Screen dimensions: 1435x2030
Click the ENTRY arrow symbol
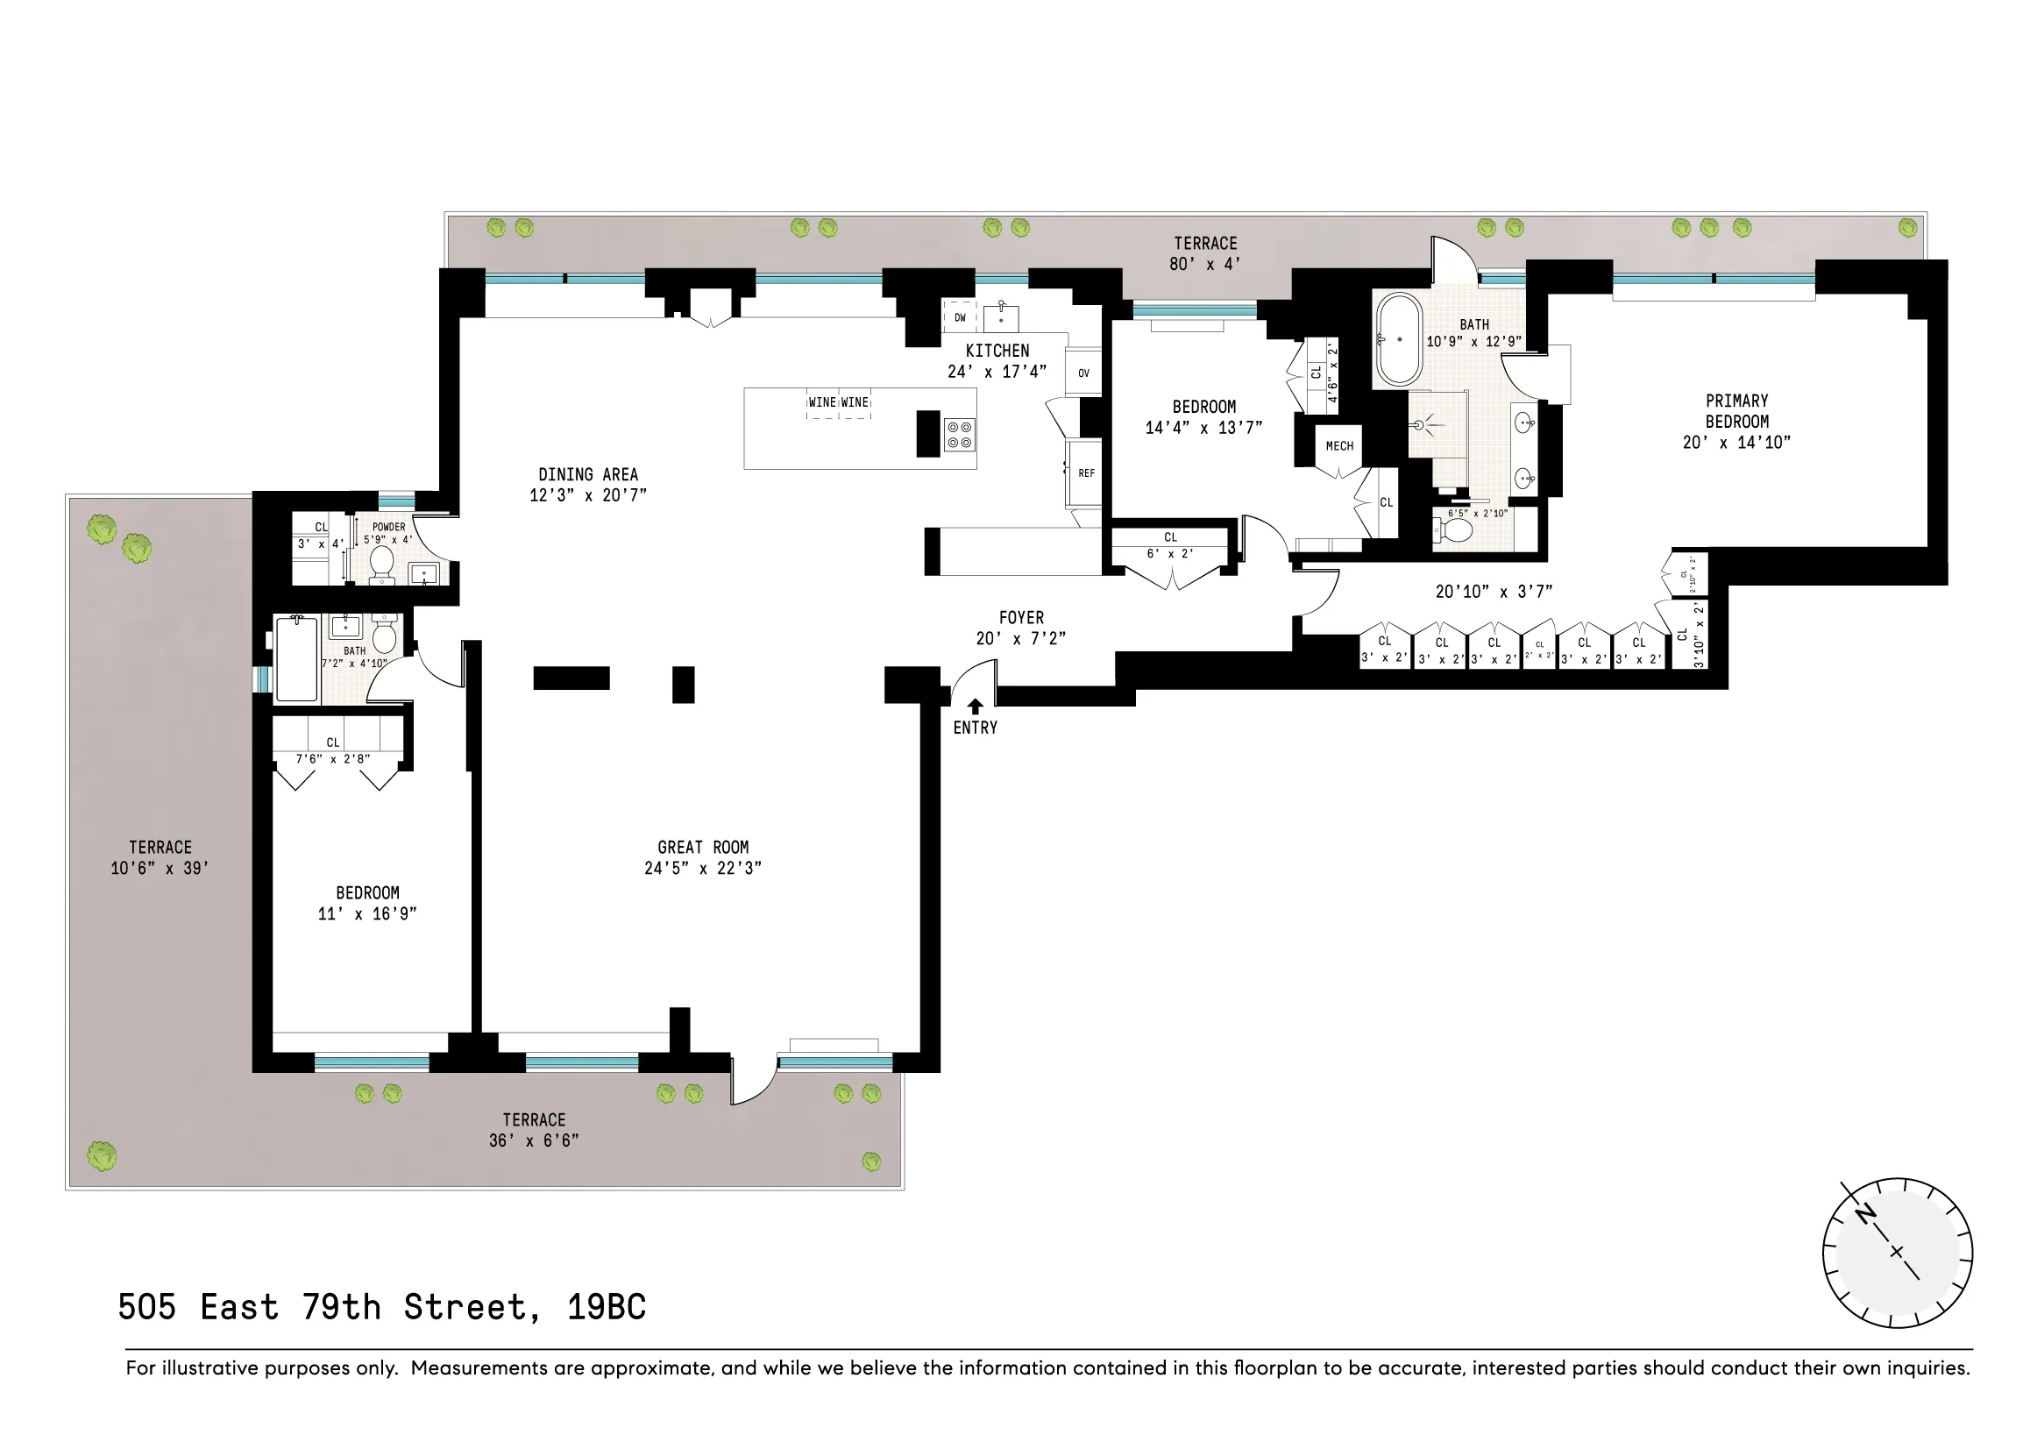coord(975,707)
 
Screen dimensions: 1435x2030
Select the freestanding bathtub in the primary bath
coord(1398,338)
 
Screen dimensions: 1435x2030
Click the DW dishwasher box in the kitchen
coord(959,317)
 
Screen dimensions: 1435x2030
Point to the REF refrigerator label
coord(1086,474)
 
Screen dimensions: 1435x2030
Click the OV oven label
coord(1083,373)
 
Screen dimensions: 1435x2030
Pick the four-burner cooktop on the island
coord(959,434)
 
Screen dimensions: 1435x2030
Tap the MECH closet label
coord(1338,446)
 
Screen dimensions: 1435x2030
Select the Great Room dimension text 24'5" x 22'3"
coord(702,868)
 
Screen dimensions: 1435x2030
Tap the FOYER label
coord(1021,618)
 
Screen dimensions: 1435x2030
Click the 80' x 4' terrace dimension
coord(1205,265)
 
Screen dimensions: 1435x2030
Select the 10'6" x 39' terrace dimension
coord(160,868)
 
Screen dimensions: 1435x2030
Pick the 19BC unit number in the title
coord(607,1307)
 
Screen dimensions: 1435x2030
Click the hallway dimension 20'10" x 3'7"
coord(1494,592)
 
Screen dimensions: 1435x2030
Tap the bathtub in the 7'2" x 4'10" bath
coord(296,659)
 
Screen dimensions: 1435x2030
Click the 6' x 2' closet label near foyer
coord(1170,554)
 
